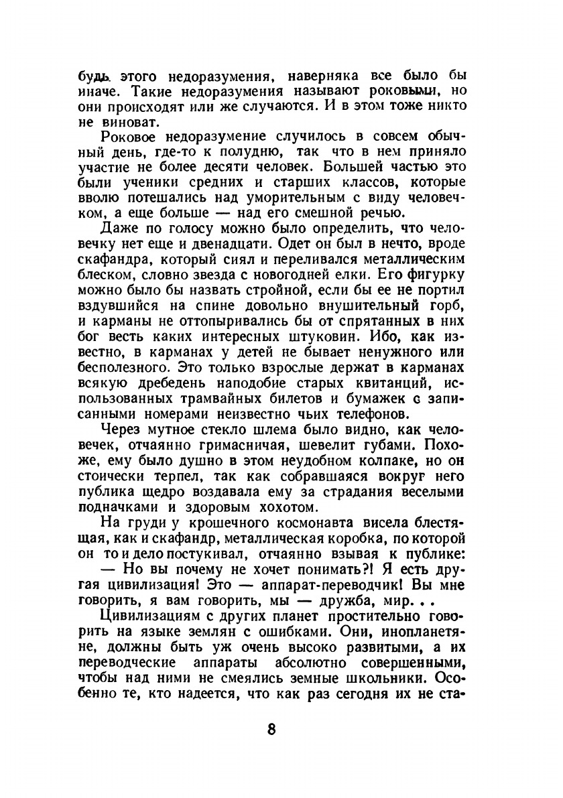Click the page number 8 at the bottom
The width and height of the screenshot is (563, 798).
271,729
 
